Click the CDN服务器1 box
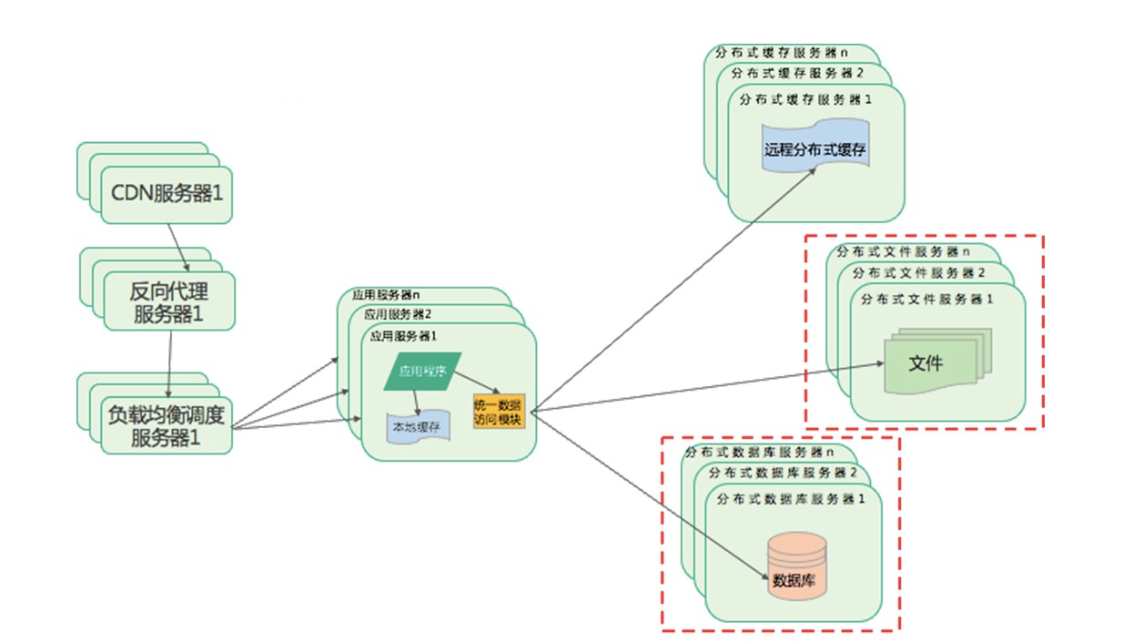[x=167, y=193]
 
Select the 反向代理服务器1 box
[x=168, y=303]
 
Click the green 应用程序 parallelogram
[x=423, y=372]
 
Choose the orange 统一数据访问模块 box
[x=499, y=413]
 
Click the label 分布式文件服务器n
[x=903, y=251]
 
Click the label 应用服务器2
[x=398, y=315]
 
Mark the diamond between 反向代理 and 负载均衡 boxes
[x=167, y=348]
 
